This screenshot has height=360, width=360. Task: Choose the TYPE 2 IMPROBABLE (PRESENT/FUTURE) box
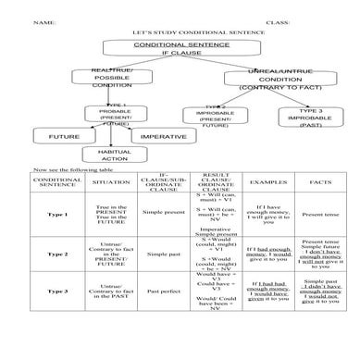pos(214,118)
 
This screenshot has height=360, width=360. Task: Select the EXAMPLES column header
pos(267,183)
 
